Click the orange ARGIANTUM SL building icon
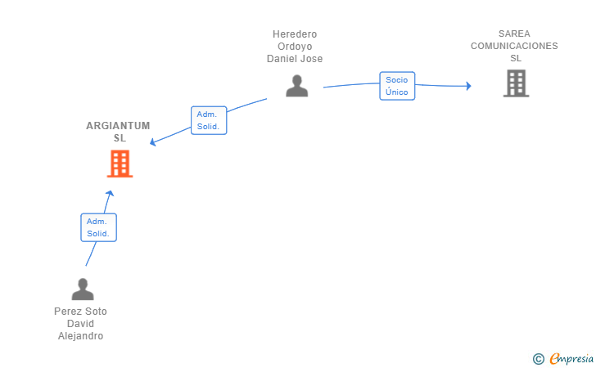click(x=120, y=164)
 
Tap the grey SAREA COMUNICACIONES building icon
click(x=516, y=83)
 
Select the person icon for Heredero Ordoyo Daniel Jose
click(x=297, y=86)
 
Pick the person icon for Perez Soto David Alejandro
click(x=83, y=289)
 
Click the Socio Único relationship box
click(x=397, y=86)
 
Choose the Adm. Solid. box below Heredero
click(x=209, y=120)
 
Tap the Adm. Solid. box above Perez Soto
click(x=98, y=227)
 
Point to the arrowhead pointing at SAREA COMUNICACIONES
click(x=468, y=86)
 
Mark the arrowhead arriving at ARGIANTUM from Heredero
click(x=153, y=142)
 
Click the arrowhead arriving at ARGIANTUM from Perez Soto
click(x=110, y=193)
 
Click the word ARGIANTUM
click(x=118, y=126)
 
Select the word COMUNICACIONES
click(x=514, y=46)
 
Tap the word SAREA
click(x=514, y=34)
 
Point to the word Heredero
click(x=295, y=34)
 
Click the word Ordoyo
click(x=295, y=47)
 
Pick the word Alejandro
click(x=80, y=336)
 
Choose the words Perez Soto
click(x=80, y=312)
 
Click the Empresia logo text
click(x=571, y=358)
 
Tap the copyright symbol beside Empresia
click(x=538, y=359)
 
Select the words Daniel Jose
click(x=295, y=59)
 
